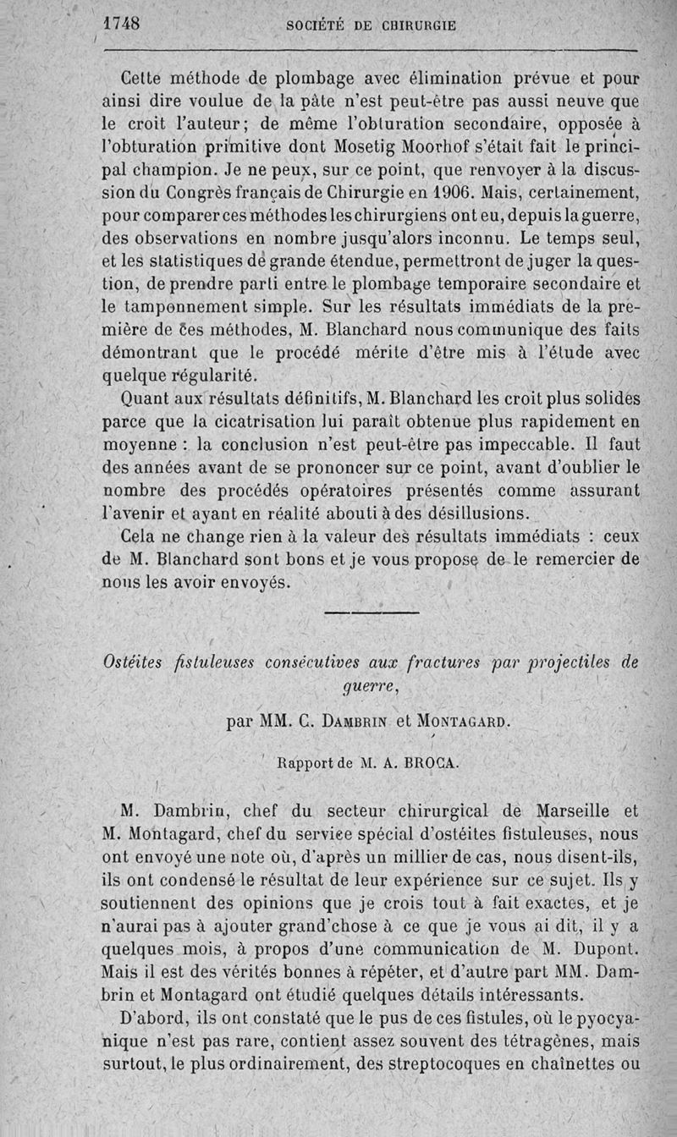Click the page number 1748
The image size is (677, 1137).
coord(121,24)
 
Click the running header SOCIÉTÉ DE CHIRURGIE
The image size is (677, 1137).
coord(372,25)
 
